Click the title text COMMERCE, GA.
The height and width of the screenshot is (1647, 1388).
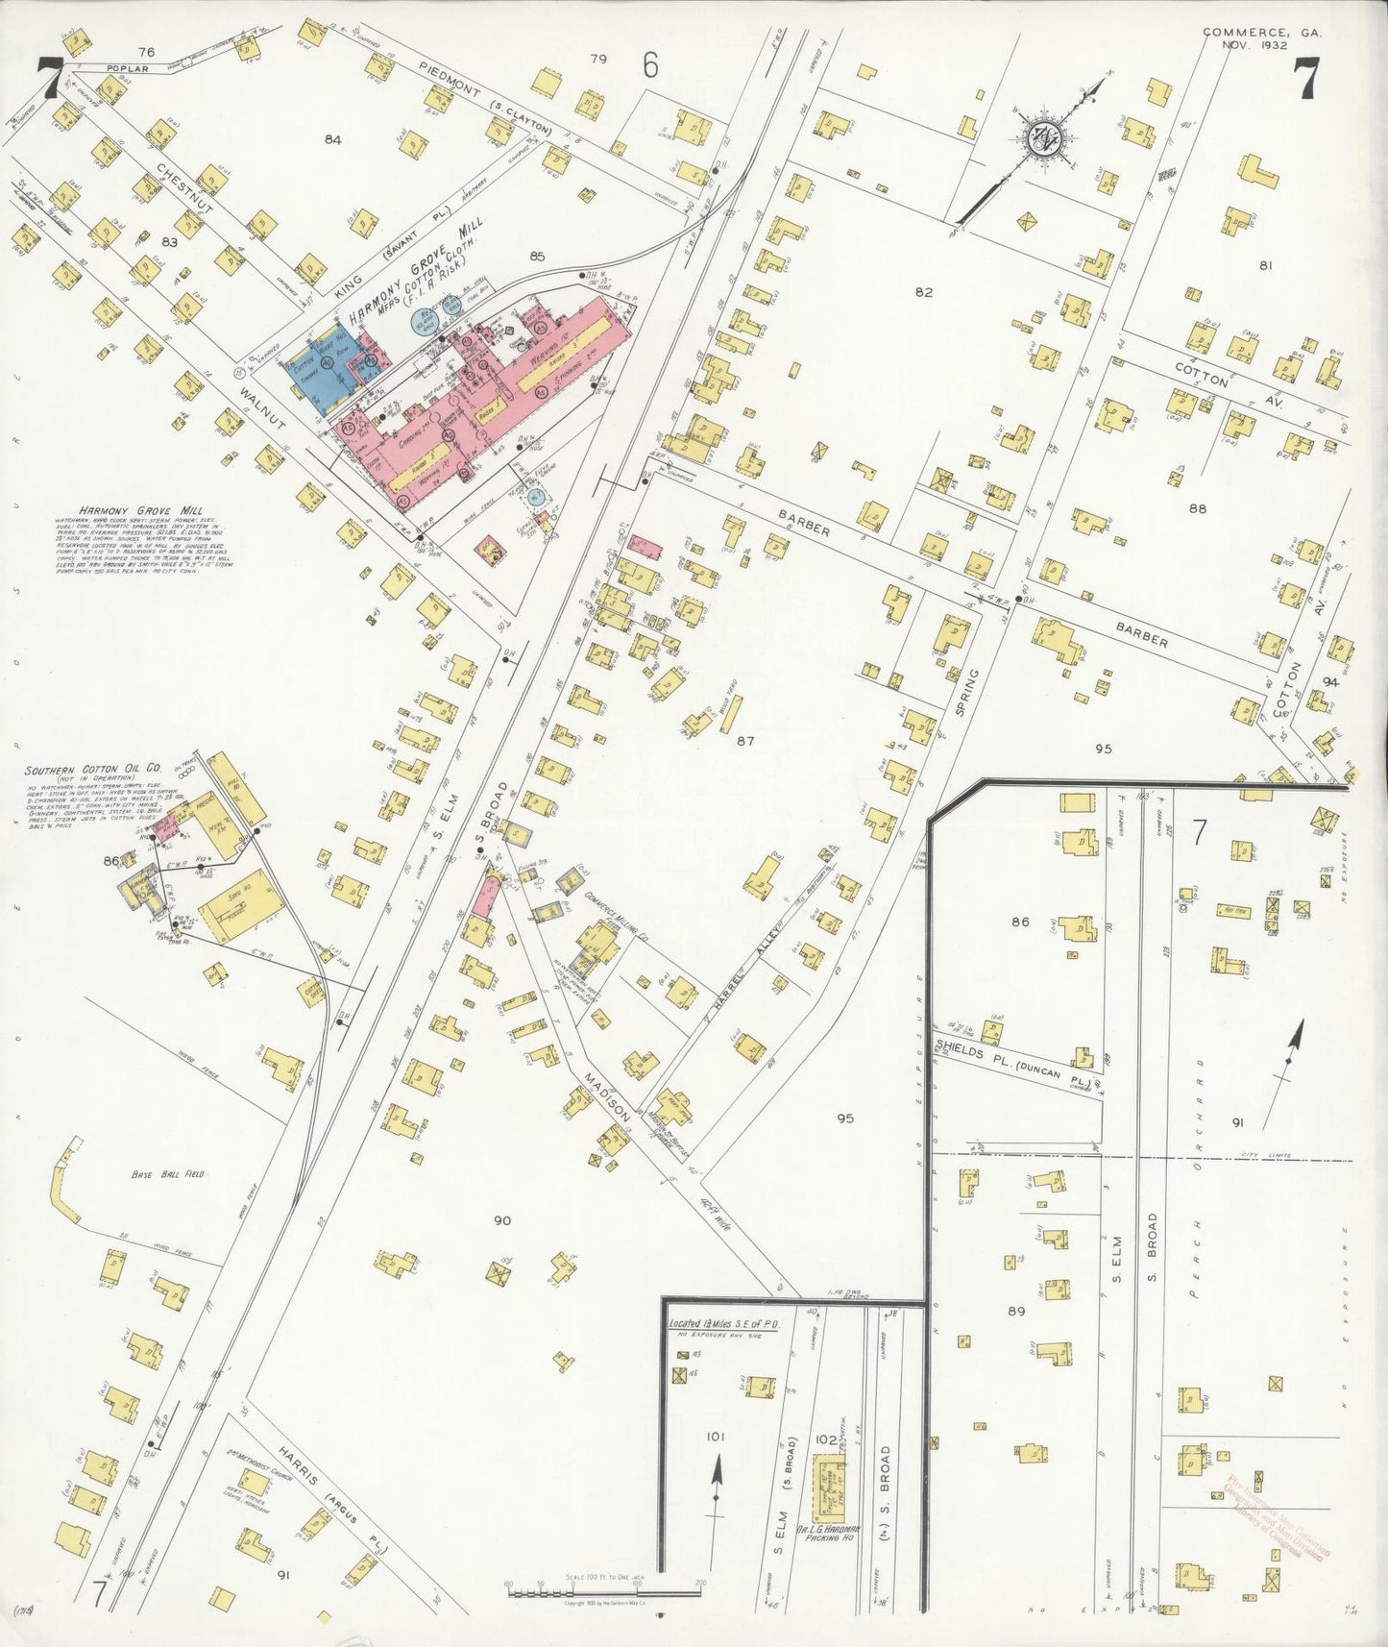coord(1261,32)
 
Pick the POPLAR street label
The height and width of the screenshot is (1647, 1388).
coord(127,69)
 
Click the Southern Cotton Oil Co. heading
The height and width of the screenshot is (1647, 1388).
coord(93,770)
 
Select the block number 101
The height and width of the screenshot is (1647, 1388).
coord(715,1438)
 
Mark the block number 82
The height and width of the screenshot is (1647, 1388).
coord(923,292)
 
